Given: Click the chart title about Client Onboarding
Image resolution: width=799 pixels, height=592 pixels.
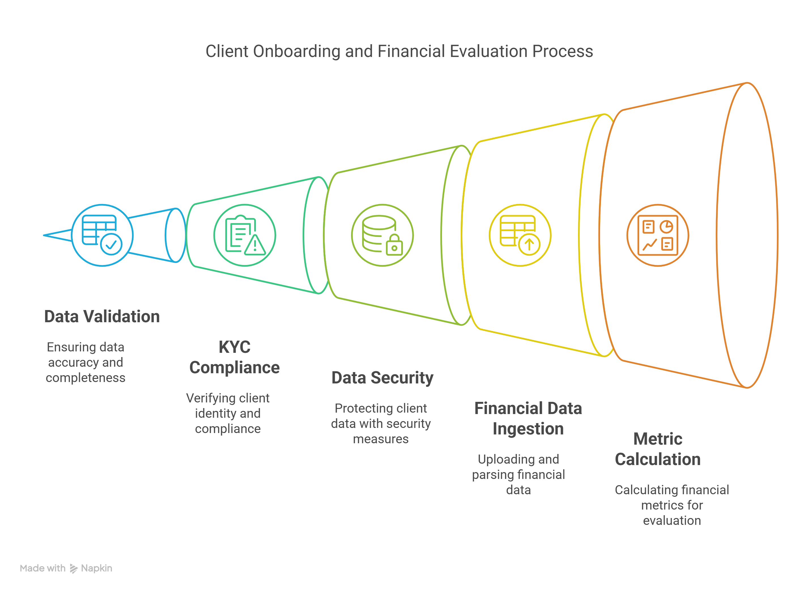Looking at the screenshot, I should click(x=399, y=51).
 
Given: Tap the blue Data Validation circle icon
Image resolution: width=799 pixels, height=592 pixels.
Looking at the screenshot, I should click(x=102, y=235).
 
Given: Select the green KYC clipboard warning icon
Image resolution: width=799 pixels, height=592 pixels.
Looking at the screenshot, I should click(x=245, y=235).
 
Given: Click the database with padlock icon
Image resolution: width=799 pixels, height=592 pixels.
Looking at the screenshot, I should click(x=382, y=235).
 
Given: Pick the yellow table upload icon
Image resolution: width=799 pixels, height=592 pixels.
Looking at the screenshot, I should click(x=520, y=235).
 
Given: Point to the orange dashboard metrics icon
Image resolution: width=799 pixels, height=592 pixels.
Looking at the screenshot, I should click(x=657, y=235).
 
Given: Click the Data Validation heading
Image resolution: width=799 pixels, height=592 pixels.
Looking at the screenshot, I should click(x=102, y=317).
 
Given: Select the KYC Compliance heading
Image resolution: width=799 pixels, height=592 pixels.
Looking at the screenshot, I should click(x=234, y=357).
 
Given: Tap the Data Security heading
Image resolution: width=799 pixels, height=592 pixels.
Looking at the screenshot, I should click(x=382, y=378).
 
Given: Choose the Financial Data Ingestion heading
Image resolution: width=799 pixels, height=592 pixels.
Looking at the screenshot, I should click(x=528, y=419).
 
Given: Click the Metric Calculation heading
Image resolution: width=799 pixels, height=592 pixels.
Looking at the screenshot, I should click(x=657, y=449).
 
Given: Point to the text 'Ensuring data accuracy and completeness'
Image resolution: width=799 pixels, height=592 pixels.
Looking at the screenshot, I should click(x=85, y=362).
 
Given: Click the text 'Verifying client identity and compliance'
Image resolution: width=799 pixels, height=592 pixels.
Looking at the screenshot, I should click(x=228, y=413).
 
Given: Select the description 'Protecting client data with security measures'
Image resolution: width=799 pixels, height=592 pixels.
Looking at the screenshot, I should click(x=381, y=424).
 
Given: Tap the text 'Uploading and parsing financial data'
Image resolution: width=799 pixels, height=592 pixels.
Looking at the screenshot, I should click(x=518, y=474).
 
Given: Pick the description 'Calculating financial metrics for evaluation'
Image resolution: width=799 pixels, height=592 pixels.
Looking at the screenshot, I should click(x=672, y=505).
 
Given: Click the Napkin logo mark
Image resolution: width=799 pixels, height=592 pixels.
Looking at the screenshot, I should click(x=73, y=568).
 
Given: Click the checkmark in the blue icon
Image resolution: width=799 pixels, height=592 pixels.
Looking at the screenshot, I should click(x=111, y=245).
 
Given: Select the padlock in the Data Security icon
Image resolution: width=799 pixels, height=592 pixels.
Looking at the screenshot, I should click(x=394, y=247).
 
